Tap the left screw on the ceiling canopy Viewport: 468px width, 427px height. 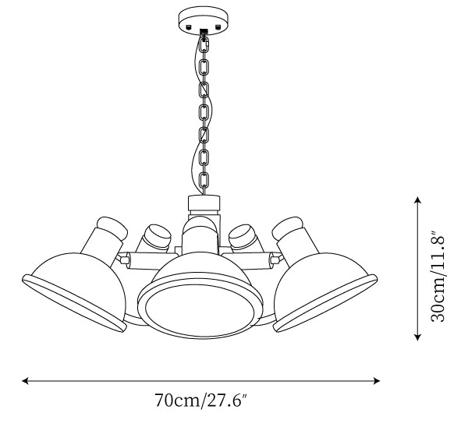[188, 26]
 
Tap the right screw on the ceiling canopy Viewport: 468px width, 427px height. [218, 26]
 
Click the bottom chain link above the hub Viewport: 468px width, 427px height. [204, 180]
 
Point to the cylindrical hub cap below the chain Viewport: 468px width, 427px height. [204, 203]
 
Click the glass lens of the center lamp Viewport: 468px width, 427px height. [200, 310]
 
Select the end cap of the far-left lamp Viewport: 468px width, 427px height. [112, 228]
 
